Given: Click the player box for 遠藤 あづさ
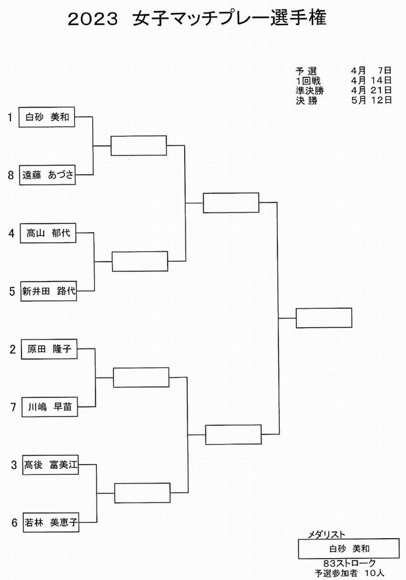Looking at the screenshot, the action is pos(47,175).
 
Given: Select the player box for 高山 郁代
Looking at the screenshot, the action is pos(48,233).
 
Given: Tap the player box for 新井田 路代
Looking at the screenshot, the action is pos(48,291).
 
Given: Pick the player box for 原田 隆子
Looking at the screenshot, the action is pos(49,349).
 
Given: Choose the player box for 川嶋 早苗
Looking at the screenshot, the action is pos(50,407).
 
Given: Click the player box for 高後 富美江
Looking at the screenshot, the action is pos(50,465).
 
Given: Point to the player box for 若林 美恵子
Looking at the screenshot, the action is pos(51,522).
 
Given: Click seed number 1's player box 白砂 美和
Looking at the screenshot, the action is pos(47,117).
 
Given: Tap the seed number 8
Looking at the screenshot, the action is pos(11,175).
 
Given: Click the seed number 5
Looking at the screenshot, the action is pos(12,291).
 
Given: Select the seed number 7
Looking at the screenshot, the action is pos(14,407).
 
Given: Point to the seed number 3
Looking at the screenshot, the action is pos(14,465).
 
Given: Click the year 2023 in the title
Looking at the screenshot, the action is pos(93,19).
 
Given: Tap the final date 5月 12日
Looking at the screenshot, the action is pos(372,100).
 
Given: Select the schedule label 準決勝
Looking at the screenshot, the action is pos(310,90).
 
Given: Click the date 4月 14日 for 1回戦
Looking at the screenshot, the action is pos(372,81).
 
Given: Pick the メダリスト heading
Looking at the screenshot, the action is pos(327,534).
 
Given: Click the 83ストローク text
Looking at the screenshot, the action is pos(349,563).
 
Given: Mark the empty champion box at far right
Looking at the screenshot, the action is pos(324,318).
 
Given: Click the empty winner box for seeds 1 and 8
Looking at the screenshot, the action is pos(139,146).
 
